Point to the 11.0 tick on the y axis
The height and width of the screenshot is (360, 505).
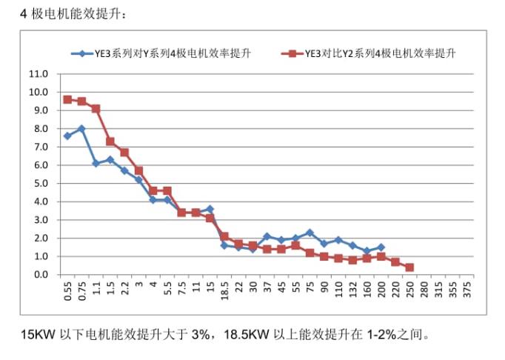tap(38, 74)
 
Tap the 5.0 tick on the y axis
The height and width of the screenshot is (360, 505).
tap(38, 184)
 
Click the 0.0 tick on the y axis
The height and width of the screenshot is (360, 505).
tap(38, 275)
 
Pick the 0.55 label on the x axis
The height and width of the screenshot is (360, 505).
tap(67, 290)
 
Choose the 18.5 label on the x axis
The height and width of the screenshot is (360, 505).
tap(224, 290)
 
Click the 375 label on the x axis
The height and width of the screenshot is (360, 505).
tap(466, 288)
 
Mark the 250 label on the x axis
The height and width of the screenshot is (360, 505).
tap(409, 288)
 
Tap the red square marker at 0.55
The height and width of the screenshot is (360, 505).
tap(67, 99)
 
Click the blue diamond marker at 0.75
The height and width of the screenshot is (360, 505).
tap(81, 129)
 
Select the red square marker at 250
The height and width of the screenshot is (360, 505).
tap(409, 267)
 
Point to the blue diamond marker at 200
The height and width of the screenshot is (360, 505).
tap(381, 247)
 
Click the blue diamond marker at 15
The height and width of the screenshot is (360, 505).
tap(210, 209)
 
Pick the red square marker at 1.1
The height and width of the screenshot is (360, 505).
tap(96, 109)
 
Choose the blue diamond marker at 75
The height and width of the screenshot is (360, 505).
tap(310, 233)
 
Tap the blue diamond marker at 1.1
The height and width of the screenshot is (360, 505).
tap(96, 164)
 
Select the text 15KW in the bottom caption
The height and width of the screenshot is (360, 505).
tap(37, 333)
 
